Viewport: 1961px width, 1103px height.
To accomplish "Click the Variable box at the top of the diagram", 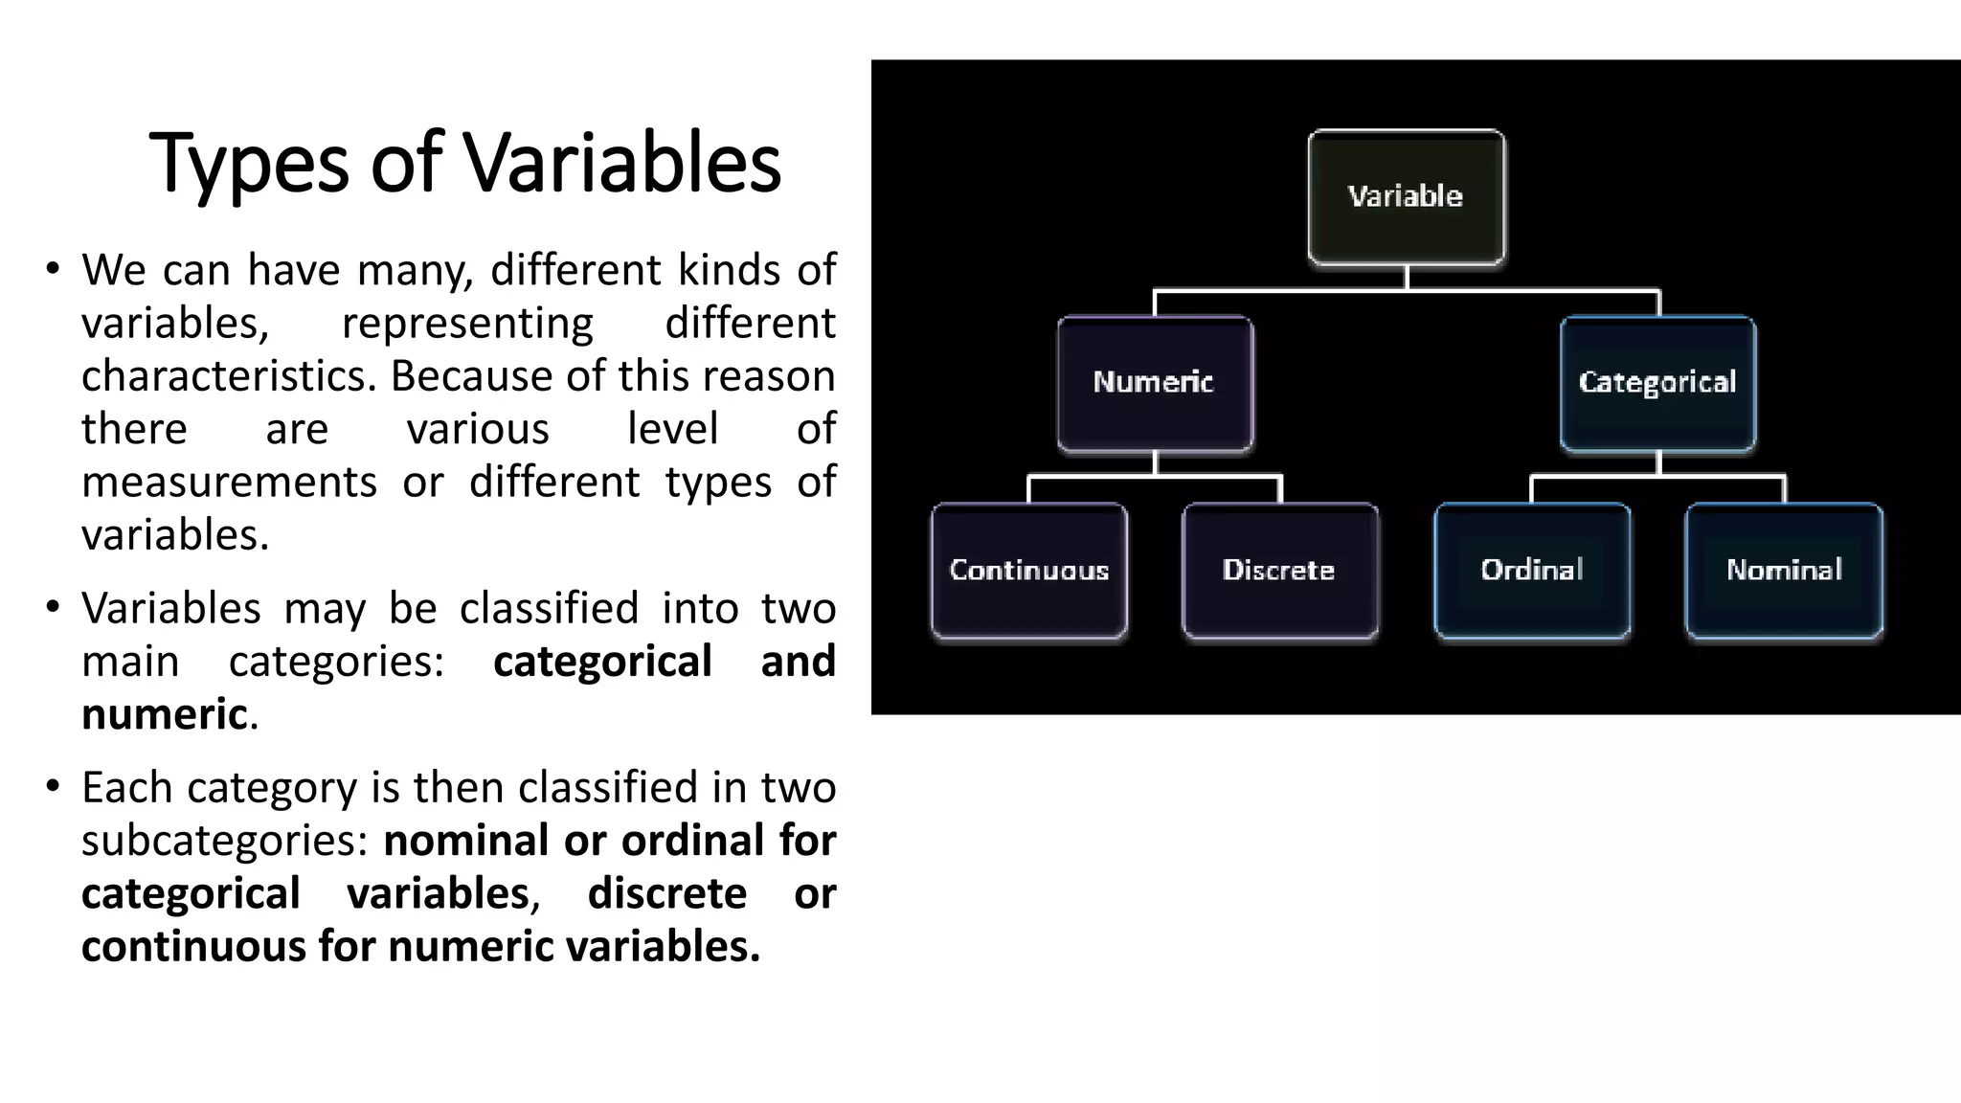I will pyautogui.click(x=1406, y=196).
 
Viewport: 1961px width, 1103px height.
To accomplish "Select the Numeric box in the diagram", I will pyautogui.click(x=1155, y=383).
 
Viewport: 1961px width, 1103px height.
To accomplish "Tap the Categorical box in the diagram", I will pyautogui.click(x=1657, y=383).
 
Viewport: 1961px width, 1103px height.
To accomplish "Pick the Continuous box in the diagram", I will pyautogui.click(x=1028, y=571).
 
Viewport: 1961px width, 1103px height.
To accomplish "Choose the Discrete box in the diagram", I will pyautogui.click(x=1280, y=571).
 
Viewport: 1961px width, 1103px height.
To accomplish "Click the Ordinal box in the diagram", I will pyautogui.click(x=1532, y=571).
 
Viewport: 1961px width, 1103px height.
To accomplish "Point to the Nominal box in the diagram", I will pyautogui.click(x=1784, y=571).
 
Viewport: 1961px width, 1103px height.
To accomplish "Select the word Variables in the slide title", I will pyautogui.click(x=622, y=163).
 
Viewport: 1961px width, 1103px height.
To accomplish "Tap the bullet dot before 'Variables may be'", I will pyautogui.click(x=53, y=606).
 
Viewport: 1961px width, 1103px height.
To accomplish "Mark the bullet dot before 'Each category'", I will pyautogui.click(x=53, y=786).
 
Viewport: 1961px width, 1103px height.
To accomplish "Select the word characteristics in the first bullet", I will pyautogui.click(x=229, y=376).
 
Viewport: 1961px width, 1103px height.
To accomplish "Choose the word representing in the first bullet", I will pyautogui.click(x=467, y=324).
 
